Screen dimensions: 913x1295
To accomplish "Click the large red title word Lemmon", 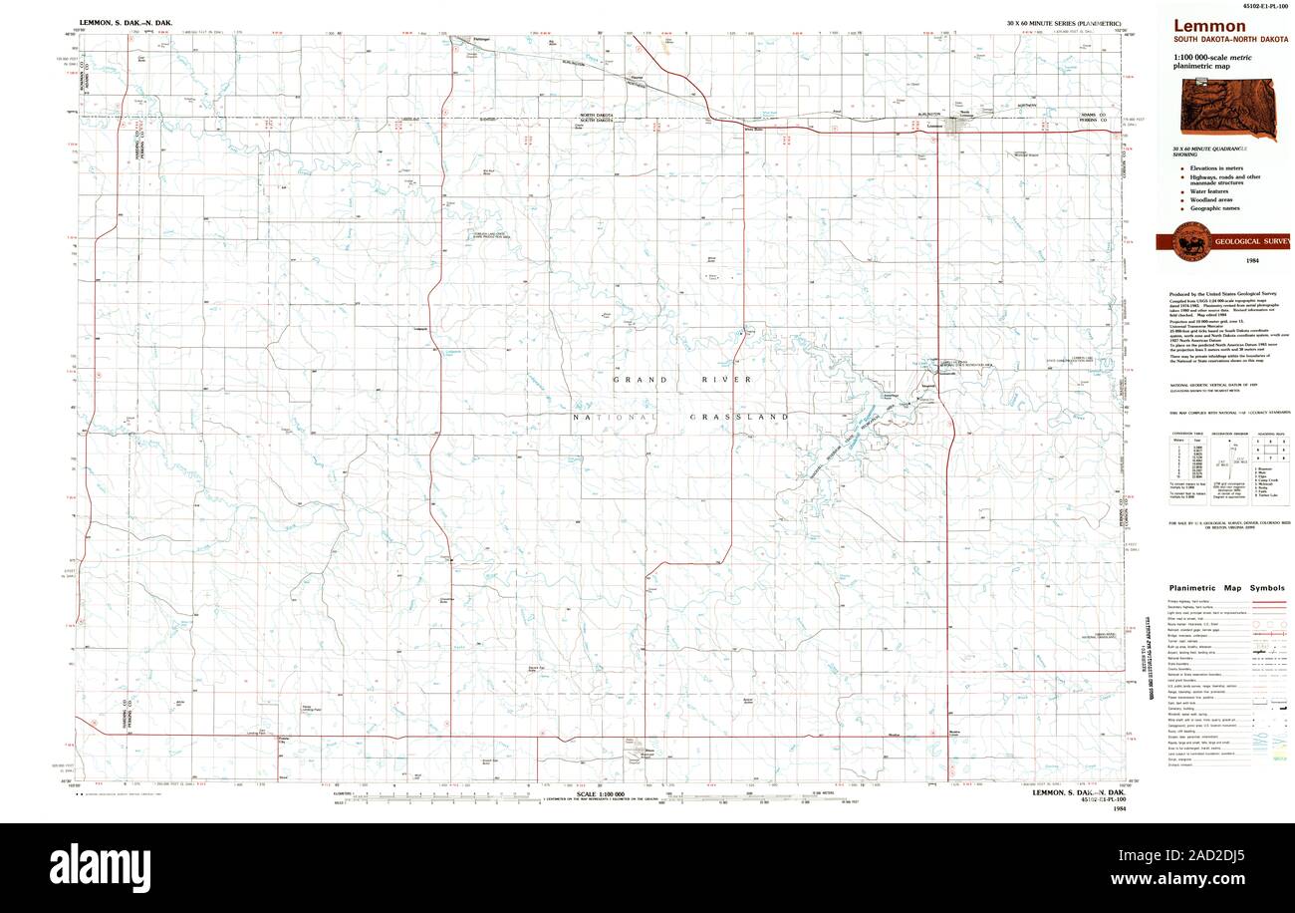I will (x=1208, y=26).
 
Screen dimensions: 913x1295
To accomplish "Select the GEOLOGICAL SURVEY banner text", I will (x=1251, y=241).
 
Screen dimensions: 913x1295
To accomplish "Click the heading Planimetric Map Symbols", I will (x=1226, y=588).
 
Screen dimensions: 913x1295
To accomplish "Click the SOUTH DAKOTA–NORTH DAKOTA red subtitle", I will (x=1230, y=41).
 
